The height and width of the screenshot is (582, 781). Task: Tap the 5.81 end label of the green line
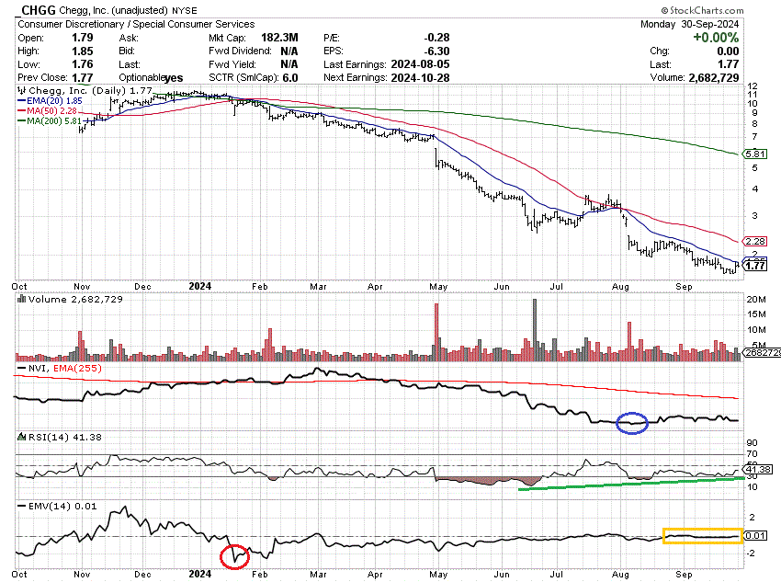click(x=753, y=154)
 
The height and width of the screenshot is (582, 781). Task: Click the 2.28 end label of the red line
click(x=753, y=241)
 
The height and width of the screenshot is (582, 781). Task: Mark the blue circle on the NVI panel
click(x=632, y=422)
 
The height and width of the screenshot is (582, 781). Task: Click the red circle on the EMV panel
click(x=235, y=556)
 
